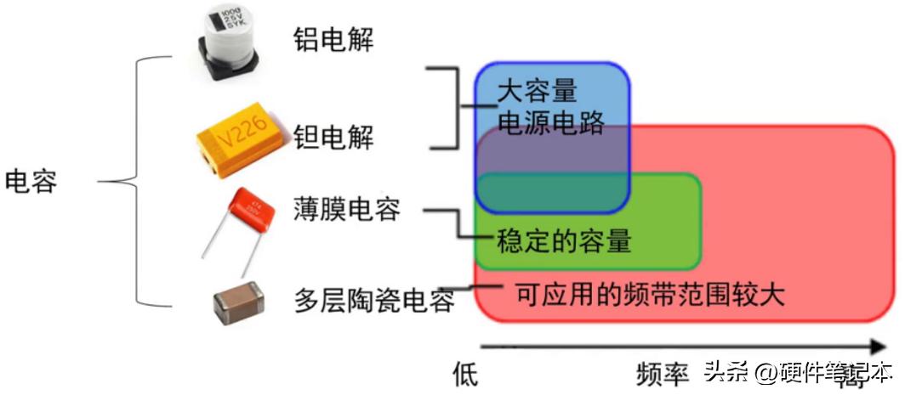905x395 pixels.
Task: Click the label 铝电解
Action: point(333,38)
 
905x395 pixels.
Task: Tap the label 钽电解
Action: point(333,136)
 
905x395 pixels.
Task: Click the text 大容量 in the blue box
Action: point(536,90)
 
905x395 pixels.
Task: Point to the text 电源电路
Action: point(550,123)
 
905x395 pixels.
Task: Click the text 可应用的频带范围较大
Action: point(649,295)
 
